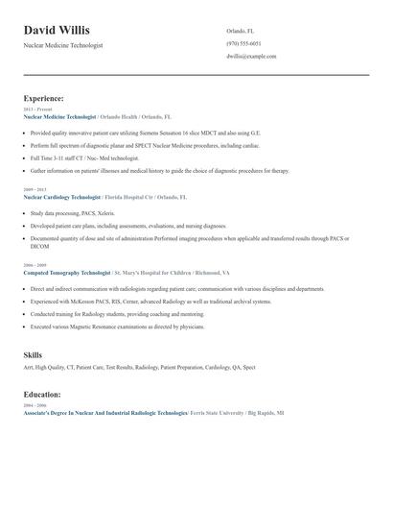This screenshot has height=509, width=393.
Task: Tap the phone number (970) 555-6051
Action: [x=243, y=43]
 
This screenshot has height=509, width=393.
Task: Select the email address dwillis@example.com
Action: [x=251, y=57]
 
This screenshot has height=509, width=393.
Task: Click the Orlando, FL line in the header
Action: [x=241, y=31]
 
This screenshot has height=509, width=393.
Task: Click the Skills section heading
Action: [x=33, y=355]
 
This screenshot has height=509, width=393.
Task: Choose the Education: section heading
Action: [x=42, y=394]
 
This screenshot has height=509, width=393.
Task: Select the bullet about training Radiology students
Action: [x=117, y=314]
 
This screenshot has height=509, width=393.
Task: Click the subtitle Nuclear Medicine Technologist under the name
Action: [x=63, y=45]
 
